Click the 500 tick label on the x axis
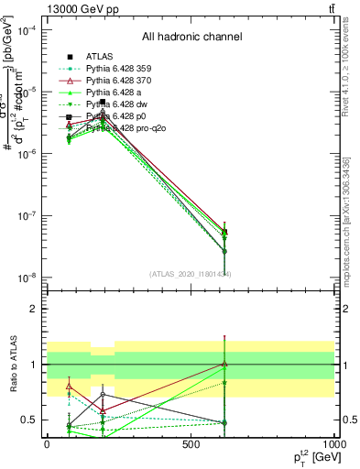pos(191,444)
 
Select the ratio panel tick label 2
pos(32,309)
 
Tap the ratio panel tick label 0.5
pos(28,420)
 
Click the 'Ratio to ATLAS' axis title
pos(13,365)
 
